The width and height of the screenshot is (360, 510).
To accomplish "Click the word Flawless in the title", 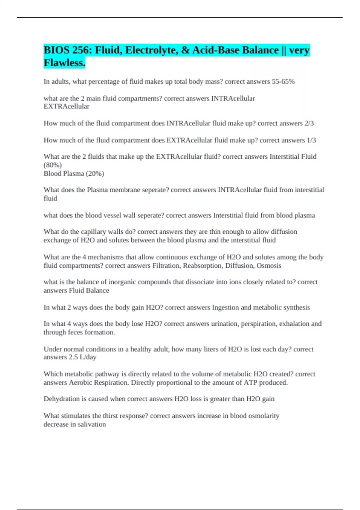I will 64,63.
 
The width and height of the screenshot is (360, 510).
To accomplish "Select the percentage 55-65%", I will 283,82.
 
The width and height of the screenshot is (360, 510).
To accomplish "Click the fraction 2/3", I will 309,123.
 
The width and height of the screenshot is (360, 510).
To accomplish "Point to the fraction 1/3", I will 311,140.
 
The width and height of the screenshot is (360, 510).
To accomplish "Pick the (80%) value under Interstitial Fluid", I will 52,165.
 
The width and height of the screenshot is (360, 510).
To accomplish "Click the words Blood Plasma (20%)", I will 74,173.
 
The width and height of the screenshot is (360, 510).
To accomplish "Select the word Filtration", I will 166,265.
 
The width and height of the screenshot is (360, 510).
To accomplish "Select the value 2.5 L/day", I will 82,357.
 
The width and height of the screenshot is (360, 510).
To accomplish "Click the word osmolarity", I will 262,416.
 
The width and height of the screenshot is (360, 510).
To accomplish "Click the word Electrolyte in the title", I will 153,50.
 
